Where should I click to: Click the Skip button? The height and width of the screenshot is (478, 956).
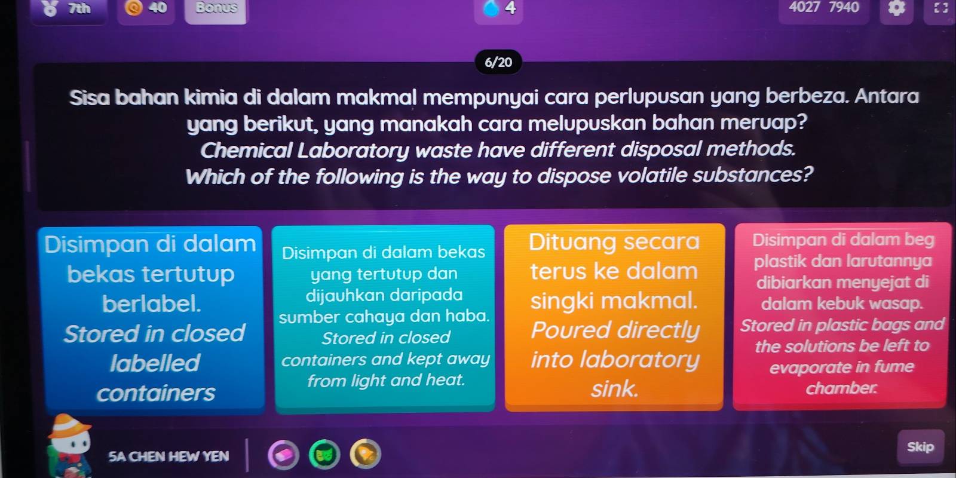pos(921,447)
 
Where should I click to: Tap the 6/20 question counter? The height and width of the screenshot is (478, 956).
pos(498,62)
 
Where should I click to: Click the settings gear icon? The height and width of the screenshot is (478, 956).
pos(896,8)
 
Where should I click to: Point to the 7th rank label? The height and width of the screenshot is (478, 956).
pos(79,8)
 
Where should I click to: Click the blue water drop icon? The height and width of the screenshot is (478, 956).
pos(491,8)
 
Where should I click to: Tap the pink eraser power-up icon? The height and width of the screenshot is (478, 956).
pos(283,455)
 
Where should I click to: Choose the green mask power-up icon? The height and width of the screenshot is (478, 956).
pos(324,455)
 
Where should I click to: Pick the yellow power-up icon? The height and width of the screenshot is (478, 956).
pos(365,454)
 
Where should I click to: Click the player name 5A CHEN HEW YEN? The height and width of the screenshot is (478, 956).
pos(168,456)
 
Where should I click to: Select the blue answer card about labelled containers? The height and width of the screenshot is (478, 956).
pos(152,320)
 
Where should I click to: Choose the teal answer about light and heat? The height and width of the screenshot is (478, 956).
pos(384,318)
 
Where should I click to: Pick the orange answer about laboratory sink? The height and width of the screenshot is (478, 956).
pos(615,317)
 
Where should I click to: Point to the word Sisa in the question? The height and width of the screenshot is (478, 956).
pos(90,97)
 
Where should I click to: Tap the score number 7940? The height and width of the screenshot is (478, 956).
pos(844,7)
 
